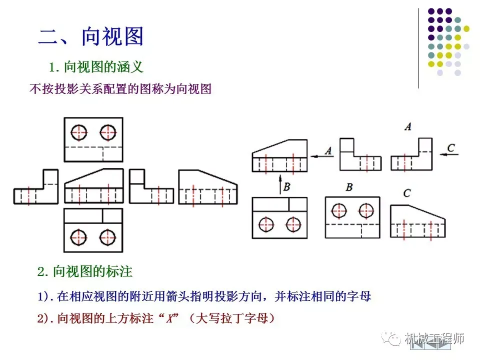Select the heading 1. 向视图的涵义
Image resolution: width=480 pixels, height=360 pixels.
pos(96,66)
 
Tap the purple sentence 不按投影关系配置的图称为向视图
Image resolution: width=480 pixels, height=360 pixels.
pos(120,89)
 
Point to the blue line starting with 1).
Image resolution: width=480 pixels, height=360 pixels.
pos(204,296)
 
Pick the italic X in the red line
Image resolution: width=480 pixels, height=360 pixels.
pos(170,318)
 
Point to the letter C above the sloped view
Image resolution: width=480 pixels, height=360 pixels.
pos(406,193)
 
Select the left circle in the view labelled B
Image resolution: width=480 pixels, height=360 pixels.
pos(339,210)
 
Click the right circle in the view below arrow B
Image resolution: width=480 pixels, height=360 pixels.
pos(293,224)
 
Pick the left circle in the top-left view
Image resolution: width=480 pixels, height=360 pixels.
pos(78,132)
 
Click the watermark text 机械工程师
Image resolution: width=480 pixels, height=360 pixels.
pos(434,338)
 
